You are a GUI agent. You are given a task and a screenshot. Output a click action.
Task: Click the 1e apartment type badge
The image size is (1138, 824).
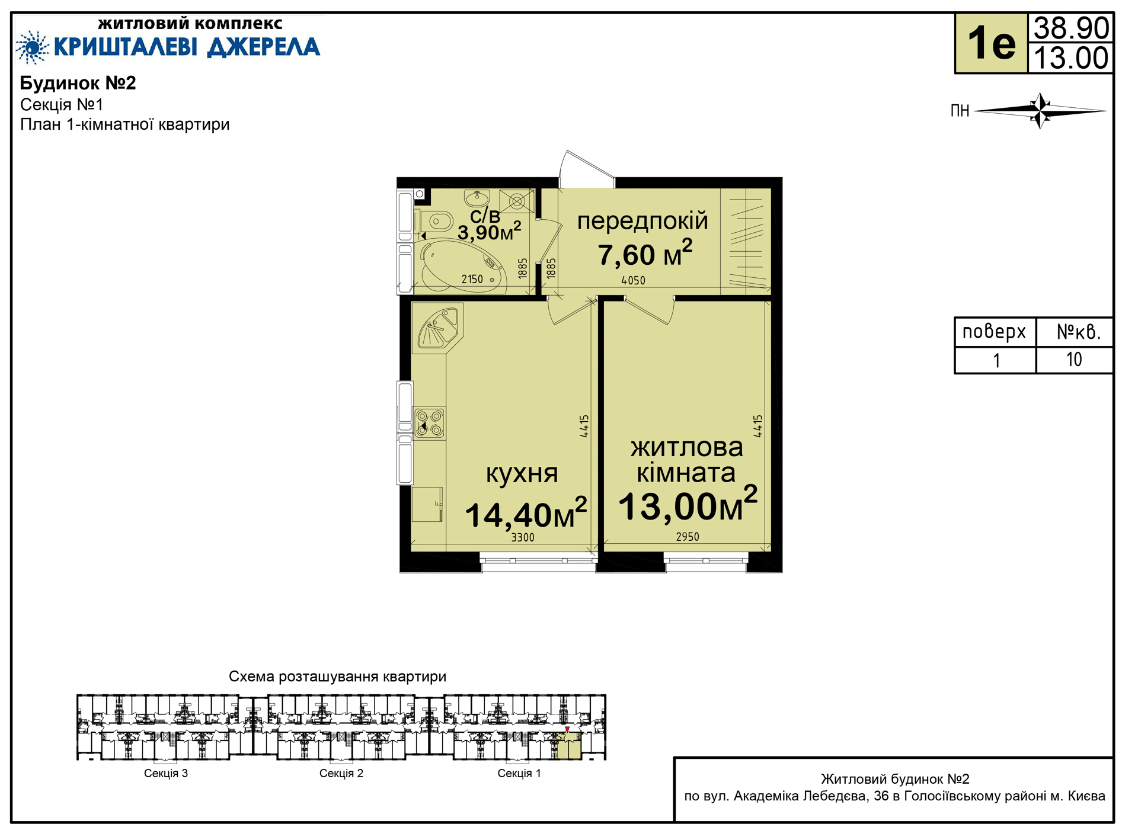(x=991, y=44)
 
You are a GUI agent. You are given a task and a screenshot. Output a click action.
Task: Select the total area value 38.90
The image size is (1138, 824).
(x=1071, y=28)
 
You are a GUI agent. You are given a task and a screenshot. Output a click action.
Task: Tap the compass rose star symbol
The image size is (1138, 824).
(x=1040, y=110)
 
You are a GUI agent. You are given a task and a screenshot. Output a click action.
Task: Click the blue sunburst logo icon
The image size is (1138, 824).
(x=32, y=47)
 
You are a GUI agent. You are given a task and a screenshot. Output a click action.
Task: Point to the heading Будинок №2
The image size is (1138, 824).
(x=78, y=83)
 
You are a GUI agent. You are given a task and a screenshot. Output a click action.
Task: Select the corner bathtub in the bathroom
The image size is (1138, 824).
(x=460, y=266)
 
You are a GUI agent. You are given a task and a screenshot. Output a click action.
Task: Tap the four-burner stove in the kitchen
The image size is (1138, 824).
(x=429, y=423)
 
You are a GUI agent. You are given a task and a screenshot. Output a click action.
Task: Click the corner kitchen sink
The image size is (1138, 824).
(x=438, y=328)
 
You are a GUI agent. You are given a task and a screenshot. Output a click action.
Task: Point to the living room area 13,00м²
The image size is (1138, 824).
(x=688, y=505)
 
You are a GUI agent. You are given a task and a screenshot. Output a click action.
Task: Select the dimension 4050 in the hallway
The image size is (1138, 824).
(x=633, y=281)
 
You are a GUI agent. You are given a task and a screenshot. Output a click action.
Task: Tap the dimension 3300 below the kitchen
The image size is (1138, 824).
(x=523, y=537)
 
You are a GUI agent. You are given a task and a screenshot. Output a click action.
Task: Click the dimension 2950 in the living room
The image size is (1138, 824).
(x=688, y=537)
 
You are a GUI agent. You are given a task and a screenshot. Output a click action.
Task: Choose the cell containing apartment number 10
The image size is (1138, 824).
(x=1074, y=360)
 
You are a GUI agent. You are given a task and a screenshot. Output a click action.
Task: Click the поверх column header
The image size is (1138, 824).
(x=994, y=332)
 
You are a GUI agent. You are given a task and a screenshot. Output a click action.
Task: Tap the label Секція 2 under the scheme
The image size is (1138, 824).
(x=341, y=773)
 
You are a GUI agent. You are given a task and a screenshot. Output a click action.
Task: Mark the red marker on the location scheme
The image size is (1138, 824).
(x=567, y=729)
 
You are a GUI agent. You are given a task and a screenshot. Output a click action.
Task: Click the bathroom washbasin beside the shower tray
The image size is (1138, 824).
(x=477, y=197)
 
